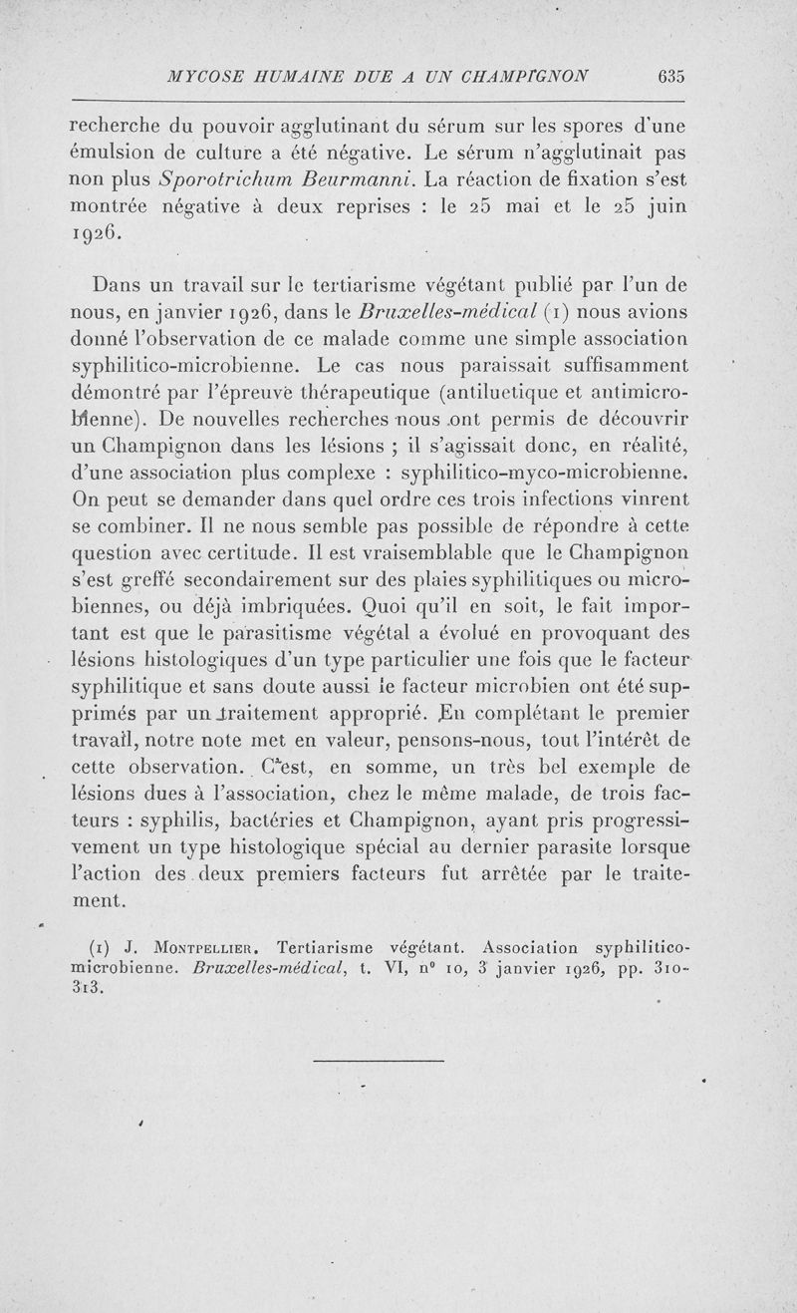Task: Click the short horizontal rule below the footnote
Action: pyautogui.click(x=377, y=1059)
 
